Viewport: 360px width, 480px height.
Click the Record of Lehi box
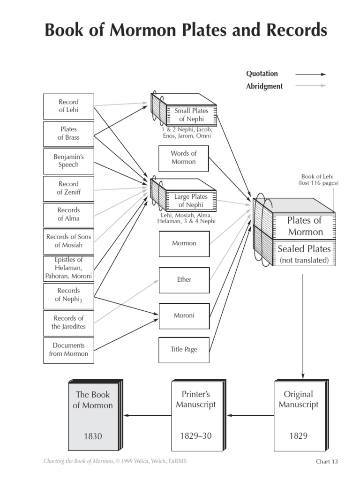click(68, 106)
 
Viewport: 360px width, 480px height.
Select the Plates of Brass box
click(68, 133)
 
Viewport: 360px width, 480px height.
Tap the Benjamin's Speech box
click(68, 161)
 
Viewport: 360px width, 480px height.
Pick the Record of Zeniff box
click(68, 188)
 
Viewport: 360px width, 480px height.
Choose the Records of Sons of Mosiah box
click(68, 241)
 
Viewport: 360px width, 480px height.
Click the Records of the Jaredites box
click(68, 322)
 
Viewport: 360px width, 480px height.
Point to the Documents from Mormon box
click(68, 350)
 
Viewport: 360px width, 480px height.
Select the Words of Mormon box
click(183, 157)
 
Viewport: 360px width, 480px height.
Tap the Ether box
click(184, 280)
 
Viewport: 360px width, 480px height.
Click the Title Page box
click(184, 350)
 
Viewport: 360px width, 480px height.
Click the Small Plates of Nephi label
click(191, 115)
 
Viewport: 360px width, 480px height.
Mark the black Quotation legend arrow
click(310, 74)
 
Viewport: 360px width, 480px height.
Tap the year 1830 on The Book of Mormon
click(93, 436)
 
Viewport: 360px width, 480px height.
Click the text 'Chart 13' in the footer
click(327, 462)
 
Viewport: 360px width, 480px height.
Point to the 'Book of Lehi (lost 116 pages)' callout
click(318, 180)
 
